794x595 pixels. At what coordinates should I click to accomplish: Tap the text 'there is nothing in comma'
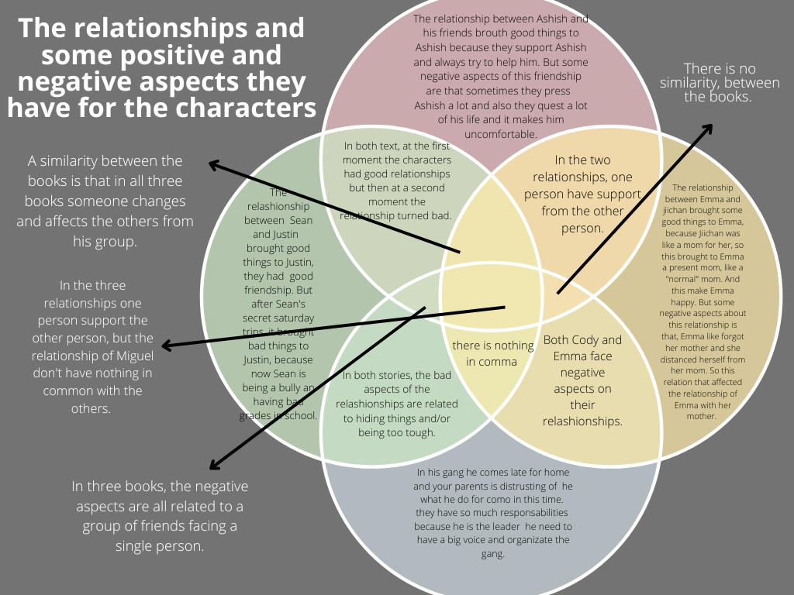[x=493, y=353]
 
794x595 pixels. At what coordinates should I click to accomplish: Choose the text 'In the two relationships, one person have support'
[x=582, y=194]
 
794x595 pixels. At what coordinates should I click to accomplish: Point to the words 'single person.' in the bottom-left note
[x=160, y=545]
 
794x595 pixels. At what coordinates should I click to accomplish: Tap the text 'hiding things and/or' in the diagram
[x=397, y=418]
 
